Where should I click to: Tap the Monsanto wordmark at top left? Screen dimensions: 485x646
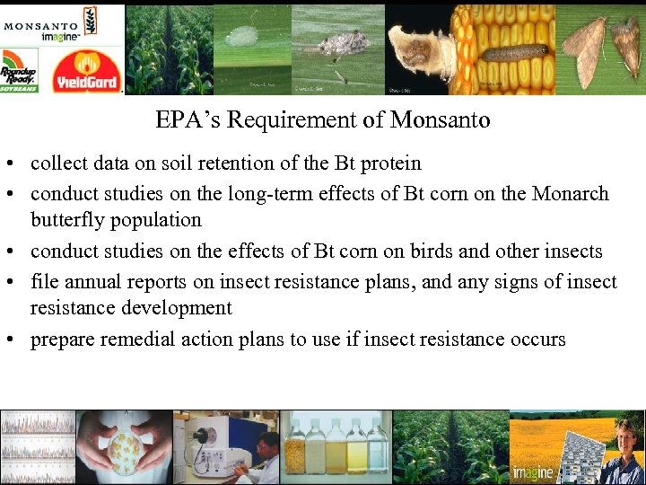tap(39, 24)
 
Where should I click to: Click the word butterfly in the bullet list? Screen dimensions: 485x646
tap(68, 219)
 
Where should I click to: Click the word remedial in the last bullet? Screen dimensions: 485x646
tap(132, 339)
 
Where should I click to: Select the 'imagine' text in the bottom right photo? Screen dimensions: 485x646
tap(533, 472)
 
